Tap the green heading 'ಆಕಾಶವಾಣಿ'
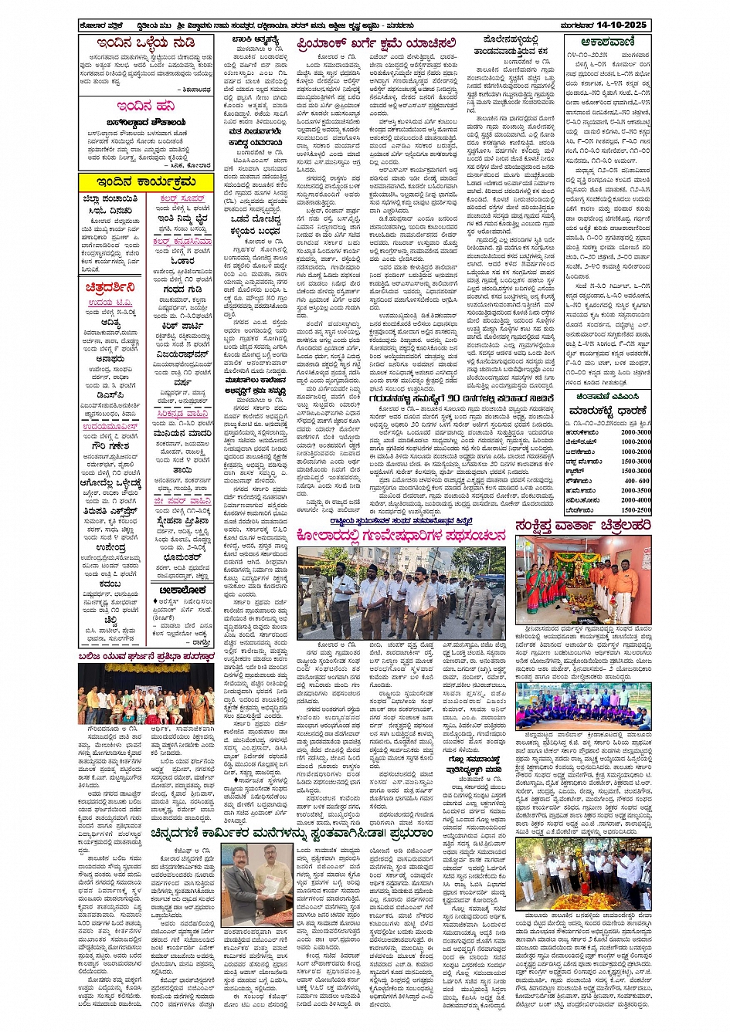pos(606,42)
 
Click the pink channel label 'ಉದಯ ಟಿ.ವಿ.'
pos(110,303)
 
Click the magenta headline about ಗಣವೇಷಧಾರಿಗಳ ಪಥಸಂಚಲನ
pos(401,535)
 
